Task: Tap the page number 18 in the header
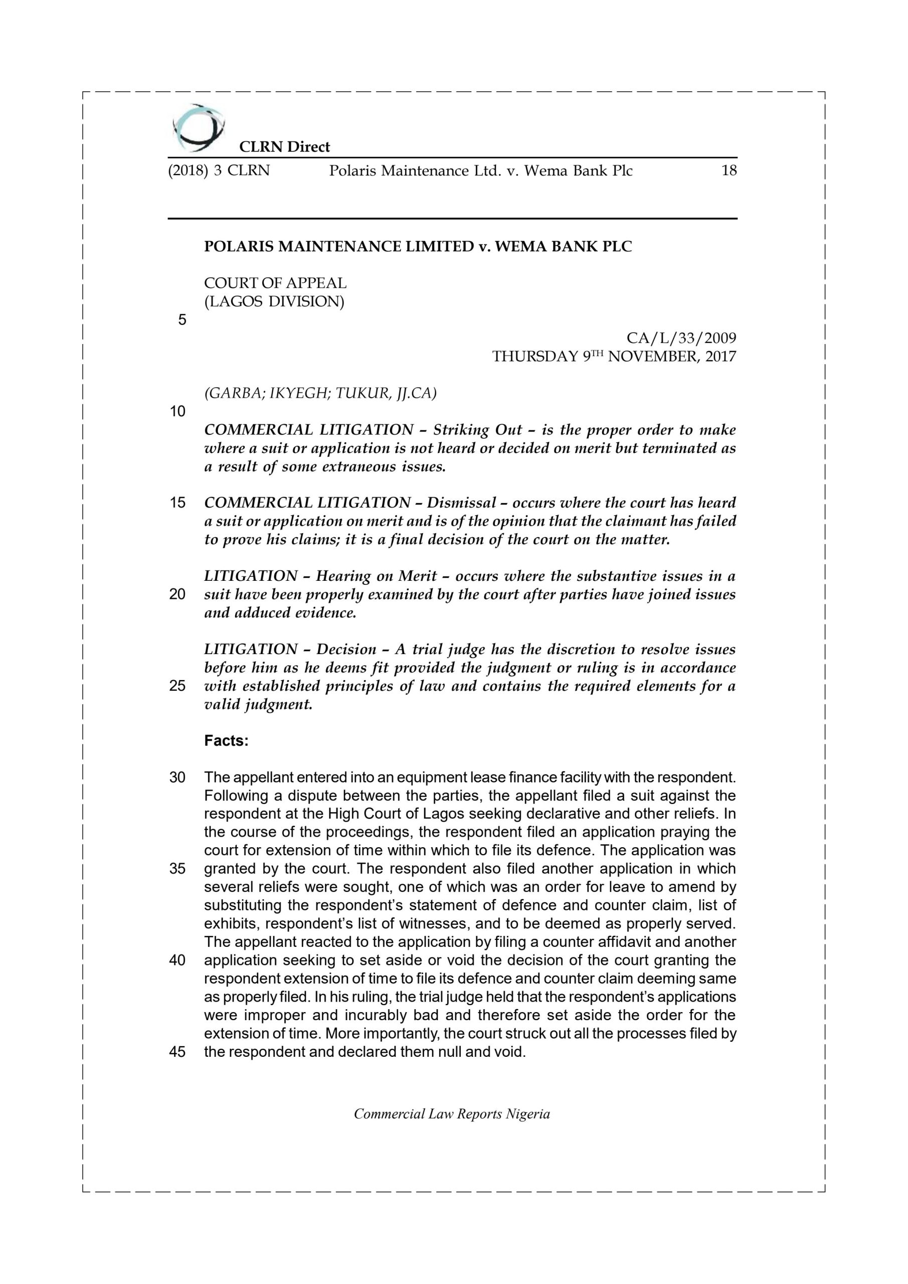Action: pos(729,171)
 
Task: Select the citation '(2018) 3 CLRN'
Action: pos(219,171)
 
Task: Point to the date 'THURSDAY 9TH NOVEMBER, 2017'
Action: pos(614,356)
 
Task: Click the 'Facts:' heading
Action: pos(226,741)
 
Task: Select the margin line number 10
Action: pos(177,412)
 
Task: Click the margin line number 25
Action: pos(177,686)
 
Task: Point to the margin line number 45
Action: pos(177,1052)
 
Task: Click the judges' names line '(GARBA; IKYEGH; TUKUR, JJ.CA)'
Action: pos(320,393)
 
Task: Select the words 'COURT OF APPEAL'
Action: pos(275,283)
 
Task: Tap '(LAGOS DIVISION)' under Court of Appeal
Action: pos(274,301)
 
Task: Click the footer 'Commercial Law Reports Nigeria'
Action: pos(452,1114)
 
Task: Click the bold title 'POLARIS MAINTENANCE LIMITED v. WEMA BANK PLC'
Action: pos(418,247)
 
